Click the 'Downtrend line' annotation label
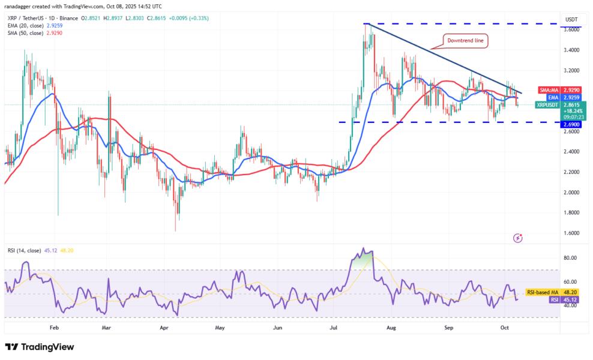click(466, 41)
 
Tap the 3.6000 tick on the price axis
click(571, 29)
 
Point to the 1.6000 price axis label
click(571, 233)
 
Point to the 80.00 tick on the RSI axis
click(570, 258)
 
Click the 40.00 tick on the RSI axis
click(570, 305)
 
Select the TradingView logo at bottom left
click(40, 347)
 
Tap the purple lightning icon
click(518, 238)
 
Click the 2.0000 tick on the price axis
click(571, 193)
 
